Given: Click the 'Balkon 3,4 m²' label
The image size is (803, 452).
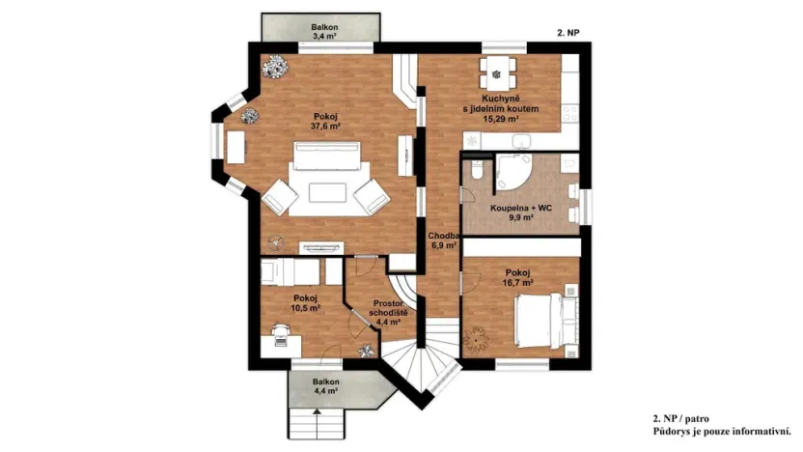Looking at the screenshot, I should (318, 32).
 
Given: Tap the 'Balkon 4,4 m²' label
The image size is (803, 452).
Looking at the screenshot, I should (324, 387).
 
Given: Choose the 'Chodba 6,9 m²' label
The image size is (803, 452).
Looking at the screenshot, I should (442, 240).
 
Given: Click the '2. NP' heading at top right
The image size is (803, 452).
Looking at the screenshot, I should (568, 32).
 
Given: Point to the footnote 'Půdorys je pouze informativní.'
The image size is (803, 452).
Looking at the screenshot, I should (722, 431).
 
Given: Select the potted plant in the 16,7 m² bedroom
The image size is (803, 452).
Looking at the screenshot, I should (478, 339).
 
